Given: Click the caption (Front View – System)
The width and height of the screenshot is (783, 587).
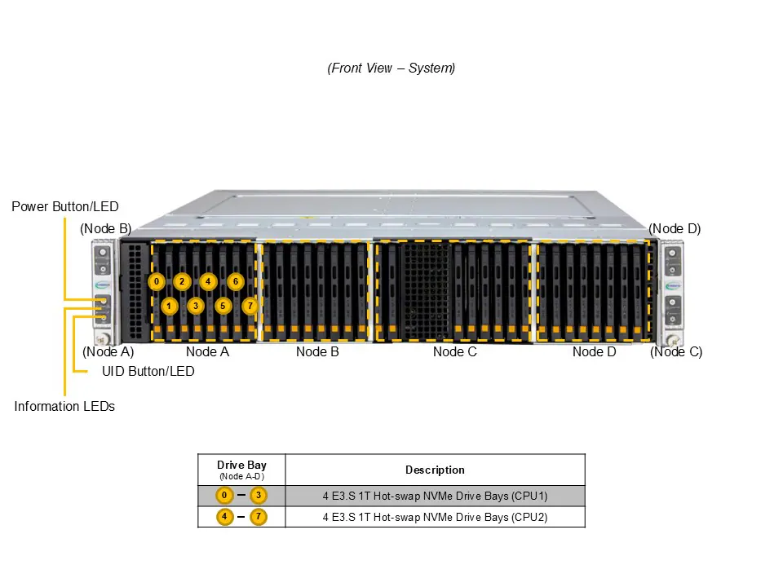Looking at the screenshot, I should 391,68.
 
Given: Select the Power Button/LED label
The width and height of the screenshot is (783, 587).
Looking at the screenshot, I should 64,207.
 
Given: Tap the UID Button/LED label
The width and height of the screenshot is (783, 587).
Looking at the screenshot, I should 148,371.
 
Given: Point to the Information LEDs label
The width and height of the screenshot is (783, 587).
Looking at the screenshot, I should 64,406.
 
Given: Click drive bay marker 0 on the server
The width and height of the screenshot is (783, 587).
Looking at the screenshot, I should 156,282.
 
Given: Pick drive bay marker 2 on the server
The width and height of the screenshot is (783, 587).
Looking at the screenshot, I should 182,282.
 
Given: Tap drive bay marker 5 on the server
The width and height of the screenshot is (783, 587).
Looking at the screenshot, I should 223,306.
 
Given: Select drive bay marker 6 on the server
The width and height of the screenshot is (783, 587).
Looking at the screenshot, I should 235,282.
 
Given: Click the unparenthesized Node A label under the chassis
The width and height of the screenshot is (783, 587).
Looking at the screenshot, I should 207,352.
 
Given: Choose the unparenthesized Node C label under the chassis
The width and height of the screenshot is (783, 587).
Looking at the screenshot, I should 455,352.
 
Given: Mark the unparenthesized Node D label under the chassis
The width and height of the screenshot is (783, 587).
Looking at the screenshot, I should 594,352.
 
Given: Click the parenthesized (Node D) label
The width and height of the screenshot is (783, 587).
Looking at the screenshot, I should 675,229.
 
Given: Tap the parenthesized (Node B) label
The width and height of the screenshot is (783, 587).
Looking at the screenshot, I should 105,229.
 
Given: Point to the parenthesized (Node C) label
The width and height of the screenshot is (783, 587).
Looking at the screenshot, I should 676,352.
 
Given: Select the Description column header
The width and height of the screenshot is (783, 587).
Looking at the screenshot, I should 435,470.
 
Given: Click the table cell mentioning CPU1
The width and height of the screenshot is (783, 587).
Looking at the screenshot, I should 435,496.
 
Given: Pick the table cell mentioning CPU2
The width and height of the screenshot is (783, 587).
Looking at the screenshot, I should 435,517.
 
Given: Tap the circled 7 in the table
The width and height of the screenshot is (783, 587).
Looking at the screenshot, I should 259,517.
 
